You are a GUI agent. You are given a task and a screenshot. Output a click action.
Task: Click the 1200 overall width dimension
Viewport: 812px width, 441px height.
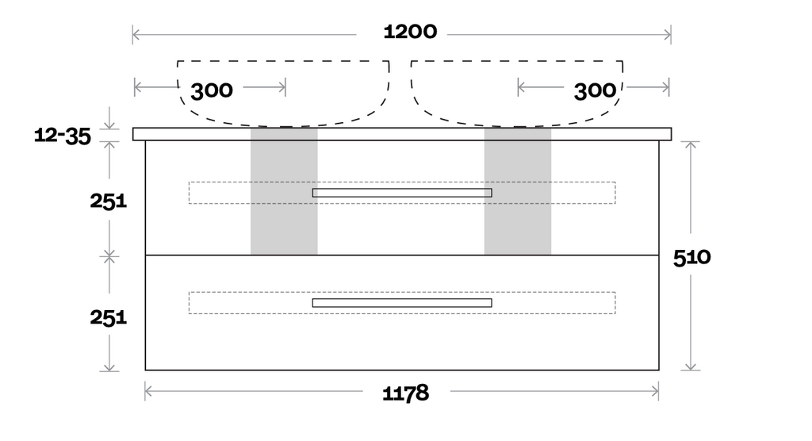coord(410,32)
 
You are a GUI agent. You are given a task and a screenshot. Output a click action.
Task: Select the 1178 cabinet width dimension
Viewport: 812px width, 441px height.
coord(405,392)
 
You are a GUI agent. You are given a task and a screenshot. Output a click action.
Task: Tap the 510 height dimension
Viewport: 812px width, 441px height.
coord(691,257)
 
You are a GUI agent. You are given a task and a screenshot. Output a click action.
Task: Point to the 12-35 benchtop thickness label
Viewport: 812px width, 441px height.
coord(63,136)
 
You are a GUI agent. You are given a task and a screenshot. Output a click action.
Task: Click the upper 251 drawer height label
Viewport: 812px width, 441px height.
coord(108,201)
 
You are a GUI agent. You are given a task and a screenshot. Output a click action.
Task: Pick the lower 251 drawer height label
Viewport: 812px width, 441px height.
coord(108,317)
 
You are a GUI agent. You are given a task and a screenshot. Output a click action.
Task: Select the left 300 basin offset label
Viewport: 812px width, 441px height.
coord(212,90)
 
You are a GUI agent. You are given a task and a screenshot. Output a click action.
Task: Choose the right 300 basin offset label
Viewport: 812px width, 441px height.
coord(595,90)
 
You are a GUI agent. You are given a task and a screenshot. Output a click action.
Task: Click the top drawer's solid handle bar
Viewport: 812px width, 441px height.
coord(402,193)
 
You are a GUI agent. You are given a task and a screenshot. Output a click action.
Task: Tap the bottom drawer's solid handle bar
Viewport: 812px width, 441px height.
coord(402,303)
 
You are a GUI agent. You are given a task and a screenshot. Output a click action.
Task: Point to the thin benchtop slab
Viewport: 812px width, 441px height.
coord(402,134)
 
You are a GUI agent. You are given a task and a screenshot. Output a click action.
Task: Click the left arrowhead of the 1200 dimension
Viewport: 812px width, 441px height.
coord(136,34)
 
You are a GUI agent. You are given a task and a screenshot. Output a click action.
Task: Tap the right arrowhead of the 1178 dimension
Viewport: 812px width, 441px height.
coord(656,390)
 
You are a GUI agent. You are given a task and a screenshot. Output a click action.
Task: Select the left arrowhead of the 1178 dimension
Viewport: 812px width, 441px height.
coord(148,390)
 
